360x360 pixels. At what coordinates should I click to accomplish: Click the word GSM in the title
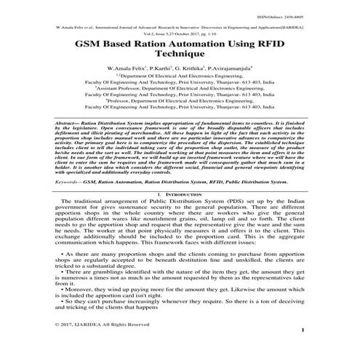(x=89, y=44)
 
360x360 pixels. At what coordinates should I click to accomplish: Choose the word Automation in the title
(x=196, y=44)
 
